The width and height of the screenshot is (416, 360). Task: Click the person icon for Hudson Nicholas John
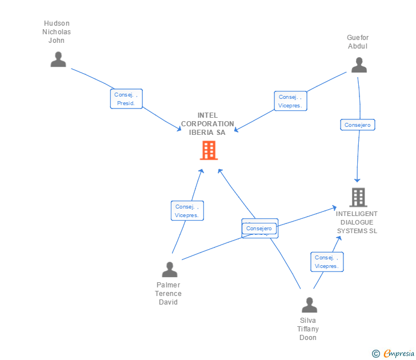click(58, 59)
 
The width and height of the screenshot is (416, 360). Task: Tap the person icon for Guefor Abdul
click(359, 65)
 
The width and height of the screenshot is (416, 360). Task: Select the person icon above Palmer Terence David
click(170, 269)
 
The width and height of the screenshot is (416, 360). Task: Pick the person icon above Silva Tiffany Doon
click(309, 305)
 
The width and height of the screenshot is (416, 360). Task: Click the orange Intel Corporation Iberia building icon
click(209, 150)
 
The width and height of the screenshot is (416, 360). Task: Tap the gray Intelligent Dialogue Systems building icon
click(358, 197)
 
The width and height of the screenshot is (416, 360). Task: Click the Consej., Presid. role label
click(126, 99)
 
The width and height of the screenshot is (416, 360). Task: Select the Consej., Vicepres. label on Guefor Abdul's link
click(290, 101)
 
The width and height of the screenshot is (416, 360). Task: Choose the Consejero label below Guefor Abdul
click(358, 125)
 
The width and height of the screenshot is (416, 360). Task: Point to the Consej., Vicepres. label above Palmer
click(187, 211)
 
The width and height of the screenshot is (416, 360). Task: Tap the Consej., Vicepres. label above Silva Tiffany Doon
click(326, 262)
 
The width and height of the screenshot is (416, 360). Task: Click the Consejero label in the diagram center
click(259, 229)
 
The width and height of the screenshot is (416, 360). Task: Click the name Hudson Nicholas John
click(57, 32)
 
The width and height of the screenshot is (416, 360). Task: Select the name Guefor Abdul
click(358, 42)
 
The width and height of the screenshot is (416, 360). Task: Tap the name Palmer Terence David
click(168, 293)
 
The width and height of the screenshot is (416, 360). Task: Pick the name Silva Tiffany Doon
click(308, 329)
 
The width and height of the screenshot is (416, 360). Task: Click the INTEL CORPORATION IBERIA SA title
click(207, 123)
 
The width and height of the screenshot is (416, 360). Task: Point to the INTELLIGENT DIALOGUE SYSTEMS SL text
click(357, 222)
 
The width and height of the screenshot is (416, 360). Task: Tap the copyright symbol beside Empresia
click(376, 354)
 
